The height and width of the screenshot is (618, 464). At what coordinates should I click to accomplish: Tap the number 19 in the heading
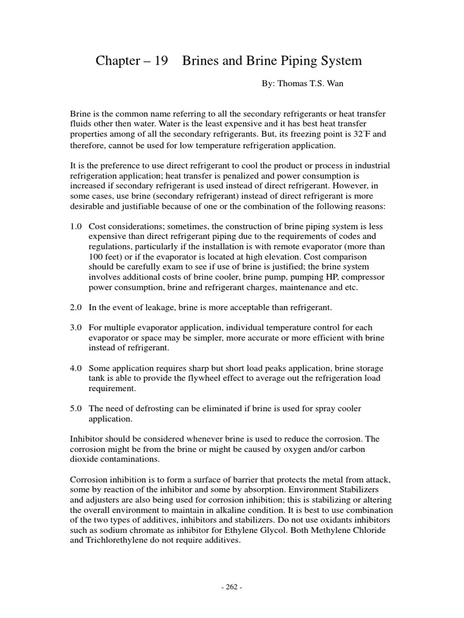pos(161,61)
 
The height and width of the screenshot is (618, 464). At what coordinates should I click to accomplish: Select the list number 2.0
pos(77,308)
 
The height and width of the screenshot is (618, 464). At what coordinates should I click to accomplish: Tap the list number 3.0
pos(77,328)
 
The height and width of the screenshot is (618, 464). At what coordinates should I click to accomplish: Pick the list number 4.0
pos(77,368)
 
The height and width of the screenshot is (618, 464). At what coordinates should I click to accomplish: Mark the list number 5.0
pos(77,409)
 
